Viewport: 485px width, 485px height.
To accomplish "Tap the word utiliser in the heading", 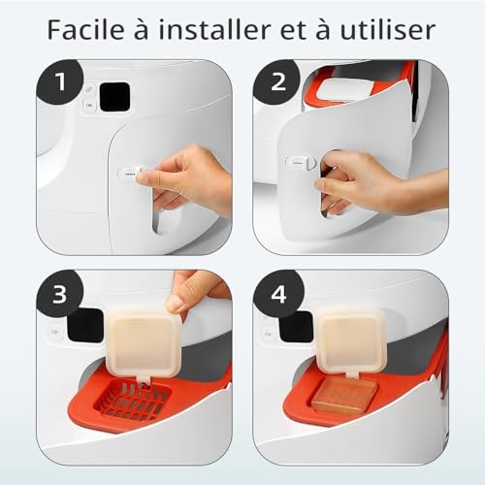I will tap(389, 29).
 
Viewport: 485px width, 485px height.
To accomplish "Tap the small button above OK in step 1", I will tap(88, 85).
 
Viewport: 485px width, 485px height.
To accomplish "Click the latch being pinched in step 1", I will tap(130, 174).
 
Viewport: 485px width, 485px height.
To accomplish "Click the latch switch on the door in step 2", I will tap(298, 164).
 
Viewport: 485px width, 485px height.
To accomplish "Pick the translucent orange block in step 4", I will tap(344, 397).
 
